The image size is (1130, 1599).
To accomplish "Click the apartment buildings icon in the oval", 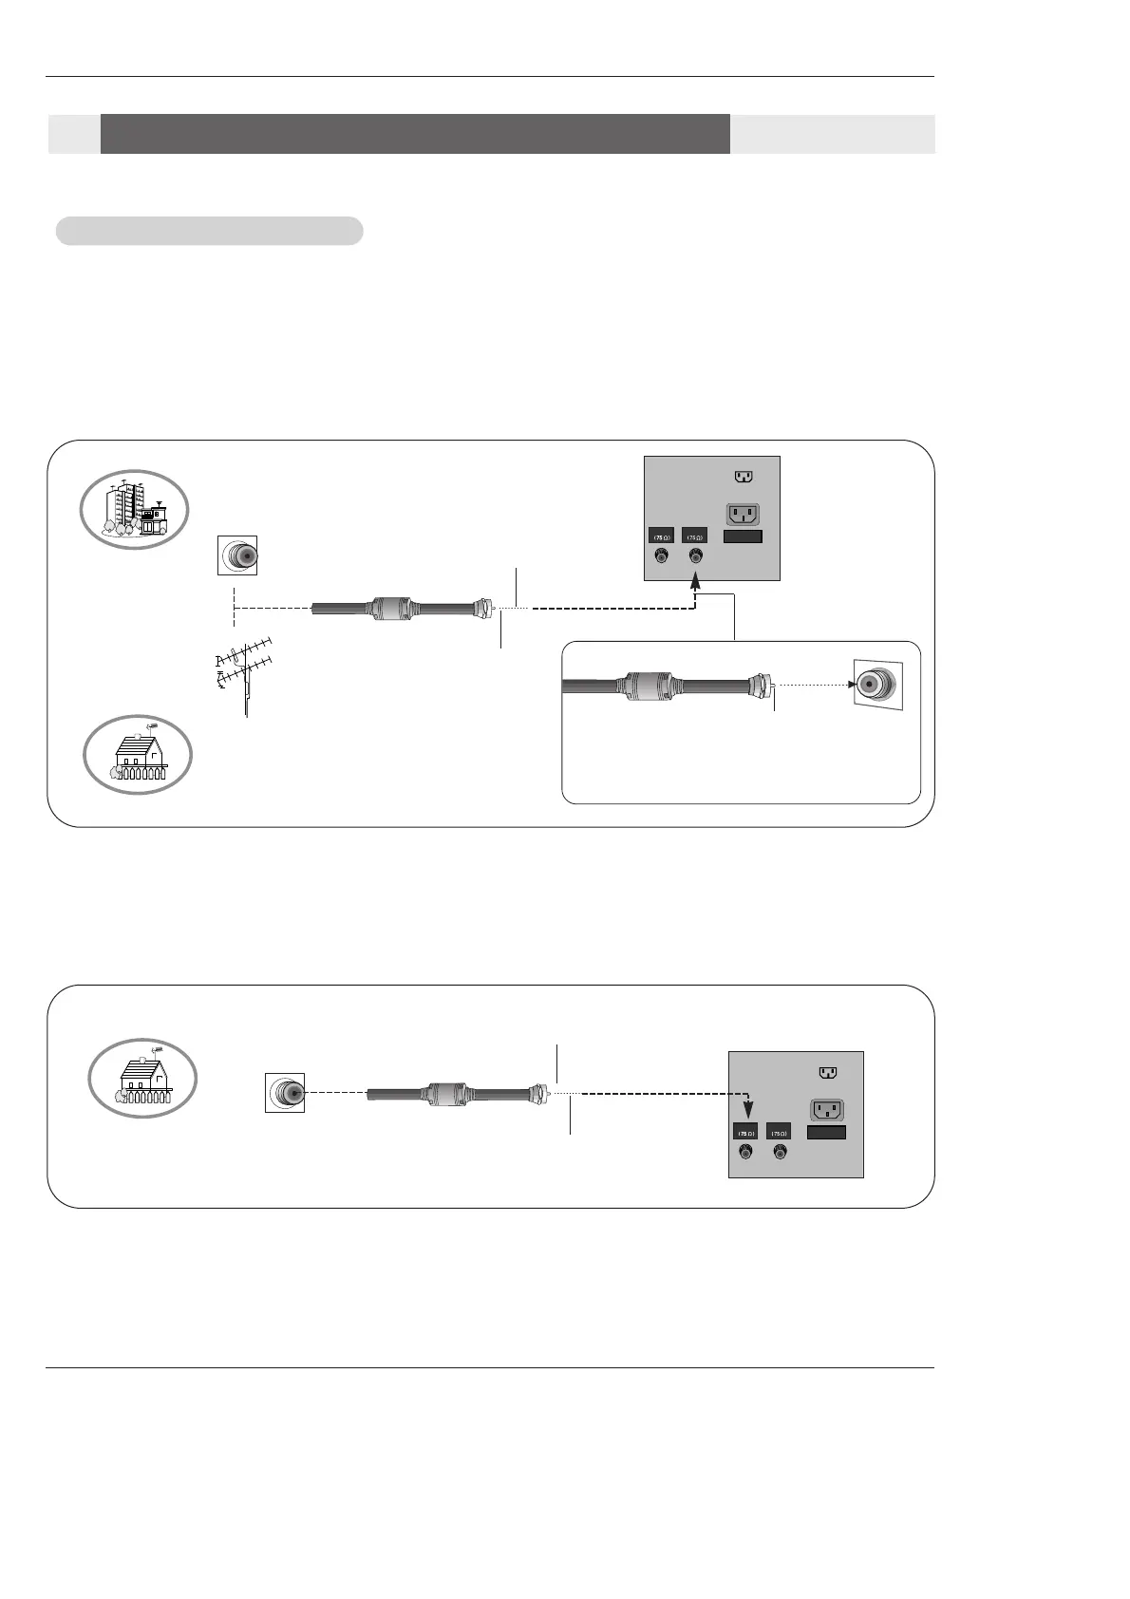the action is [x=135, y=509].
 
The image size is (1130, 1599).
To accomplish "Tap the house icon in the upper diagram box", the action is [x=139, y=754].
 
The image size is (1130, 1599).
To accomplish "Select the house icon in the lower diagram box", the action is [x=142, y=1077].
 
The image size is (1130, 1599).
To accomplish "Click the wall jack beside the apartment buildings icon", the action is [x=237, y=555].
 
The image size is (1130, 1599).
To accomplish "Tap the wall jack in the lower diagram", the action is [x=284, y=1093].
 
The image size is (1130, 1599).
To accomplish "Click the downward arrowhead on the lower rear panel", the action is [x=747, y=1110].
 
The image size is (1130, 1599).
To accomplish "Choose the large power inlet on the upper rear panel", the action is [x=744, y=514].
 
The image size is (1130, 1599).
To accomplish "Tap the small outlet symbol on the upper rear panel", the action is [x=744, y=477].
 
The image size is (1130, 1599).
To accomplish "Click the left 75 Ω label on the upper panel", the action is [x=661, y=536].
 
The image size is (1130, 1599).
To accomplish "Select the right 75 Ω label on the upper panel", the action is [x=694, y=536].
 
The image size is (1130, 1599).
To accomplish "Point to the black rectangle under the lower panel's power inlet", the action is [x=826, y=1132].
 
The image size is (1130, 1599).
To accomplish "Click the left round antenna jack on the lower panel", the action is [x=745, y=1152].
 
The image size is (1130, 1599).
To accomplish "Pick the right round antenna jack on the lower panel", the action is [x=779, y=1152].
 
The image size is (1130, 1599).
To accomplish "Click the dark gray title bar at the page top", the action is [x=415, y=134].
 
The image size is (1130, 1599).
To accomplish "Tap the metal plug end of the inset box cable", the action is [x=763, y=685].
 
